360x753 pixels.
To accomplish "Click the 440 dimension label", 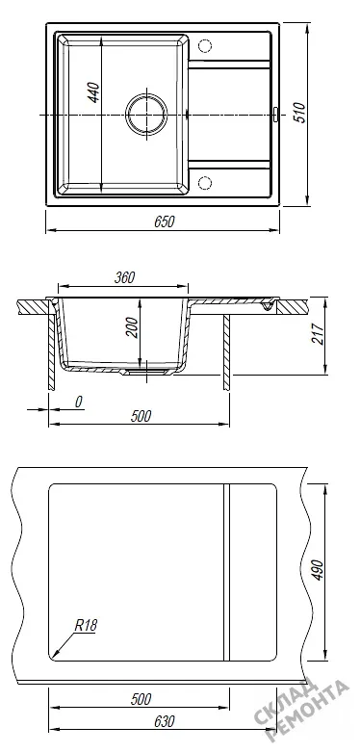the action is (x=94, y=92).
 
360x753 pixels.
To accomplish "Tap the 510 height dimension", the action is (x=299, y=113).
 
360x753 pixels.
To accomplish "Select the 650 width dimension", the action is (x=165, y=221).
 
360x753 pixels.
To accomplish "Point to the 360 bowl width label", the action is (x=125, y=277).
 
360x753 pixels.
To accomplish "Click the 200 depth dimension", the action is (x=133, y=327).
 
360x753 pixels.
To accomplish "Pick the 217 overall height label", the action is (x=318, y=333).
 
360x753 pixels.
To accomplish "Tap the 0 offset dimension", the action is (x=79, y=402).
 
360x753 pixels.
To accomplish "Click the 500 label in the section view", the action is (x=141, y=416).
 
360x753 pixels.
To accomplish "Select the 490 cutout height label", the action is (x=319, y=570).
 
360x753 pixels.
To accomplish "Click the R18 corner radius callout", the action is (x=86, y=625).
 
